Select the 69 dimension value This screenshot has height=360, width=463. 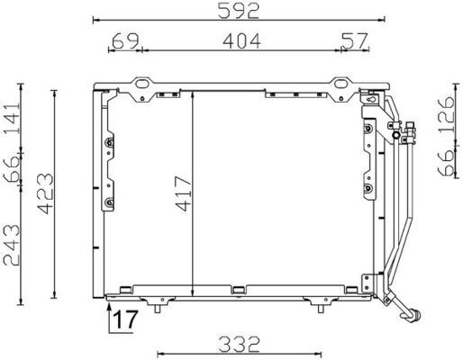pos(124,40)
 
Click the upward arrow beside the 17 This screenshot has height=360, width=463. pos(110,317)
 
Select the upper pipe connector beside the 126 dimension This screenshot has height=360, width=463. pos(411,134)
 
